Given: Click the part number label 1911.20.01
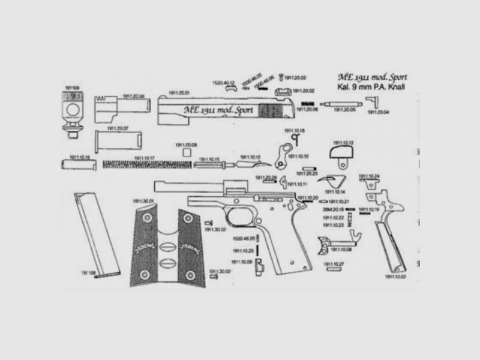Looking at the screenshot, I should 179,93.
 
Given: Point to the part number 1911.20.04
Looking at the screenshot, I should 379,112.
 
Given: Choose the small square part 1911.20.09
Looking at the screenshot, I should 186,153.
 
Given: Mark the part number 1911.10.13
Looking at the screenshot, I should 343,142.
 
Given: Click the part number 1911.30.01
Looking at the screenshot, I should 144,201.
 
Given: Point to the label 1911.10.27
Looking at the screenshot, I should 334,264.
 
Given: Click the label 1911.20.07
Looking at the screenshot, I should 118,128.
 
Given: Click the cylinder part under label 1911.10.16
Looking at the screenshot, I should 79,164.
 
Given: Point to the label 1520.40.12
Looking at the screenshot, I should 223,82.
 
